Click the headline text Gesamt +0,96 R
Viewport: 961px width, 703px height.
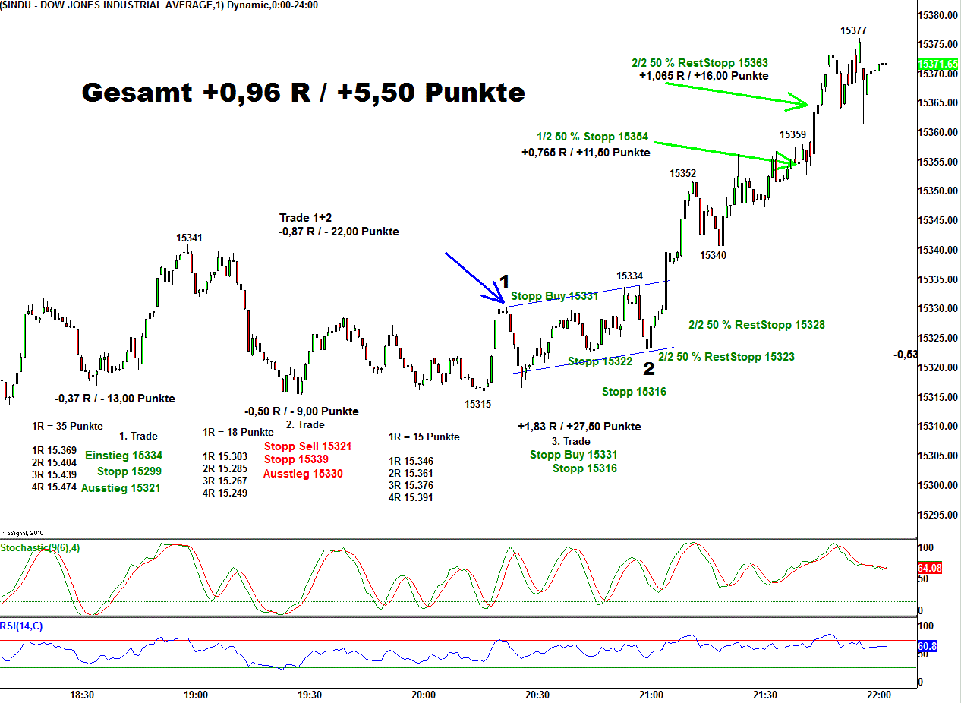click(303, 92)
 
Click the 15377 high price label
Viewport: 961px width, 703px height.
click(853, 30)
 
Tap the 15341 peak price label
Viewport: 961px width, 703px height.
click(189, 238)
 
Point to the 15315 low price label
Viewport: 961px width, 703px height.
click(477, 404)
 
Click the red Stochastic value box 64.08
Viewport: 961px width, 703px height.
click(929, 568)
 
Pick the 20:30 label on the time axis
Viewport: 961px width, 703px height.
click(537, 695)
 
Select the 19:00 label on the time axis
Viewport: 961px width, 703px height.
click(196, 695)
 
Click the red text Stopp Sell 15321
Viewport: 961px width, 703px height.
click(307, 446)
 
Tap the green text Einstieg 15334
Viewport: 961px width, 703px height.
click(123, 455)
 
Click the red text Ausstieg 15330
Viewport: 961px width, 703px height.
click(303, 474)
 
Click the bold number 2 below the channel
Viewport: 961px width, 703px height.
click(649, 369)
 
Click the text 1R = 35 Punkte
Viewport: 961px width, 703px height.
click(68, 426)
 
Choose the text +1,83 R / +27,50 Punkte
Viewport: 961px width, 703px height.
click(579, 426)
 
